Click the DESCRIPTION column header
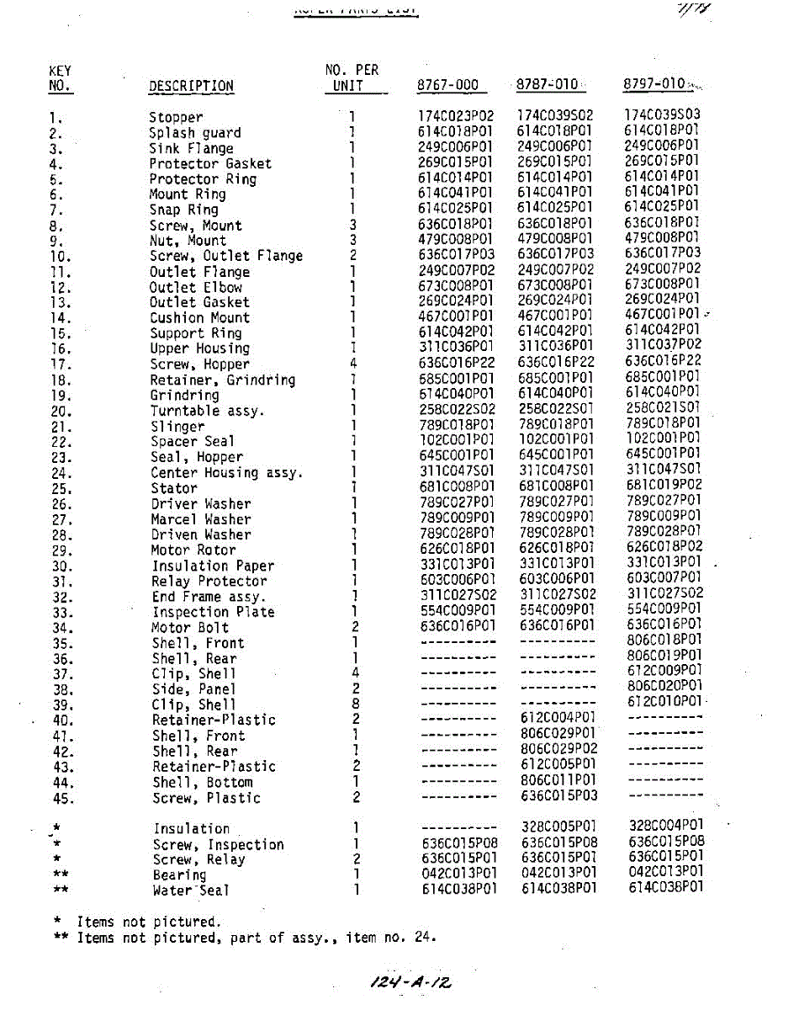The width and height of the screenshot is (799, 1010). coord(191,86)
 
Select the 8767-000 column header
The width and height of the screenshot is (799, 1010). coord(447,85)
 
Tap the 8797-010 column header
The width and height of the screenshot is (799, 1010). coord(654,84)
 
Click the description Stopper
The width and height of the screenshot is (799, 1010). coord(176,117)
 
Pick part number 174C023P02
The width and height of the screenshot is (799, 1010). coord(456,116)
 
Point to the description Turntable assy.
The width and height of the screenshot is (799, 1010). coord(207,411)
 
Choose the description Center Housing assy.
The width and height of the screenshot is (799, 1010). coord(226,472)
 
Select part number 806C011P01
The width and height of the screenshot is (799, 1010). coord(558,780)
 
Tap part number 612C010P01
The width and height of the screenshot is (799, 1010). coord(664,701)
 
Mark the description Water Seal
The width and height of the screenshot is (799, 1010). coord(191,890)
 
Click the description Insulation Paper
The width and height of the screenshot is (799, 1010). coord(213,566)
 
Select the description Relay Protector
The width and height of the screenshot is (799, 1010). coord(209,581)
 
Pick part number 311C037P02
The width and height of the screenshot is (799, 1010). coord(664,344)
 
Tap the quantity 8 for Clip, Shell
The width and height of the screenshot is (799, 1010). coord(356,704)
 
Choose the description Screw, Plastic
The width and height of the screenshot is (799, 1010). coord(206,798)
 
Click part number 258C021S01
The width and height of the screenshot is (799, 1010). coord(664,407)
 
